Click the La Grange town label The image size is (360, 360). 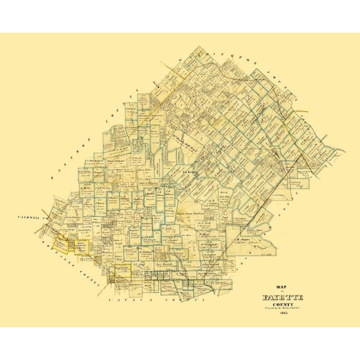coord(190,170)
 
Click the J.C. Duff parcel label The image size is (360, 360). coord(140,264)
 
